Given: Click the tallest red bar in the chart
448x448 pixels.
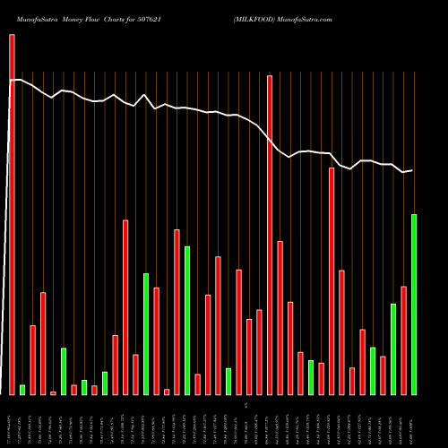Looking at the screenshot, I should (x=12, y=214).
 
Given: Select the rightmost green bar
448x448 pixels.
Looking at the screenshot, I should (x=414, y=305).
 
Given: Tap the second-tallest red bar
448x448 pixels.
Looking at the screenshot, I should (x=270, y=235).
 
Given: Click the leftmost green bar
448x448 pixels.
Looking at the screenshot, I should (x=22, y=390).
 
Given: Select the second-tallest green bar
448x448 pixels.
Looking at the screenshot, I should (x=187, y=321).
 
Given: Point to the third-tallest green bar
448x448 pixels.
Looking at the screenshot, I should (x=146, y=334).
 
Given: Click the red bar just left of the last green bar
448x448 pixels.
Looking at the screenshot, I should (x=404, y=340).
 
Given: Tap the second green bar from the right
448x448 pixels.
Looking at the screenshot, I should (x=393, y=349).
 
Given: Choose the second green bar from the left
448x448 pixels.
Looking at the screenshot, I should (x=64, y=371).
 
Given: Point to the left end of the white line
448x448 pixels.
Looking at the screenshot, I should (x=12, y=81).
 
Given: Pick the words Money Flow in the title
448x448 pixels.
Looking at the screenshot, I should (x=82, y=19).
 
